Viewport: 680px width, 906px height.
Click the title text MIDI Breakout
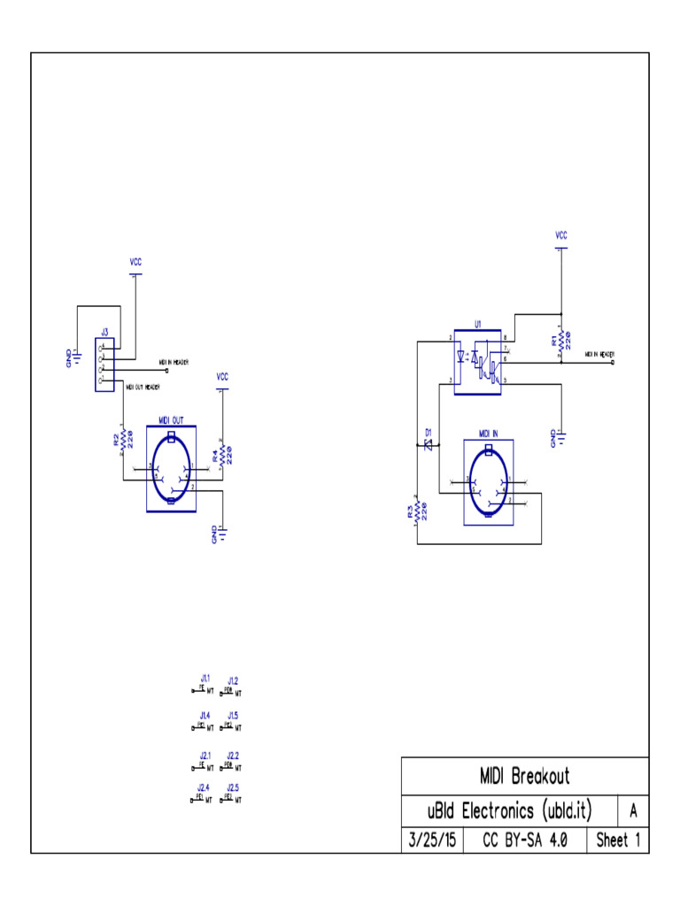pos(524,777)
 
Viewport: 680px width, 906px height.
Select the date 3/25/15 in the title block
pos(432,841)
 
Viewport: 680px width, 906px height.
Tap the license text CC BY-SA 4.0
pos(524,841)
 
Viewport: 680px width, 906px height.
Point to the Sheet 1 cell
pos(617,841)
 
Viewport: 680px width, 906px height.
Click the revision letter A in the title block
pos(632,810)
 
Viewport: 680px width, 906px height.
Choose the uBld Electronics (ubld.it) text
pos(509,810)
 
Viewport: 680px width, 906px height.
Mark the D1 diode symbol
pos(428,446)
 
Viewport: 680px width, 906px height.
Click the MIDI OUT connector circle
pos(170,469)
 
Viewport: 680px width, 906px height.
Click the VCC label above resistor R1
pos(560,235)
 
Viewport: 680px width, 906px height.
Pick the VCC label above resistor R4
pos(222,377)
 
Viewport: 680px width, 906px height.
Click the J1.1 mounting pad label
pos(205,679)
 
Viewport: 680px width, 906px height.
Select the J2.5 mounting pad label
pos(233,787)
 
